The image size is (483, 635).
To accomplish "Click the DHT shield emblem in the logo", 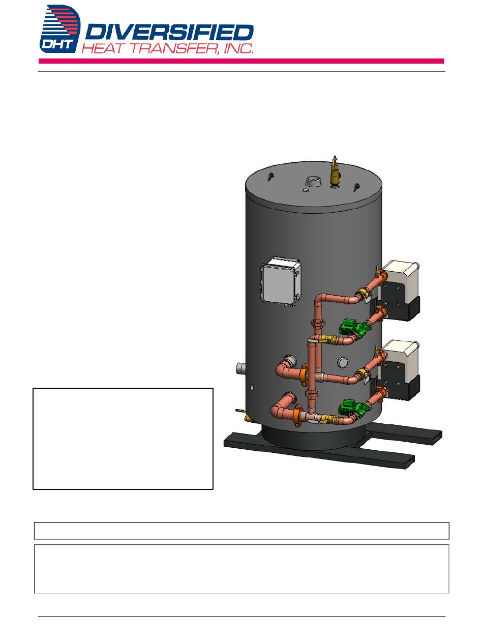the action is [x=60, y=29].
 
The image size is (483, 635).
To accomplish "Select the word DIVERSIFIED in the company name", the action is [x=169, y=33].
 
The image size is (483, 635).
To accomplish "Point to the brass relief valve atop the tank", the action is [x=335, y=171].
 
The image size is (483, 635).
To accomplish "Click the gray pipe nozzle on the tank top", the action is [x=313, y=182].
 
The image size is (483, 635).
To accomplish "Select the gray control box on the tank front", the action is [x=281, y=281].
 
